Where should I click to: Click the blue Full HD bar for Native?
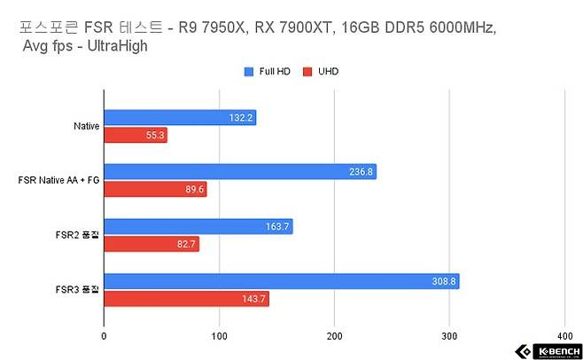pyautogui.click(x=180, y=117)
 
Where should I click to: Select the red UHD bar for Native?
pyautogui.click(x=136, y=136)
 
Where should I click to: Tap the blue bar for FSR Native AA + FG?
pyautogui.click(x=240, y=171)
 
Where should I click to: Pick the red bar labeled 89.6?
pyautogui.click(x=155, y=189)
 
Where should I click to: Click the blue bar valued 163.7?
pyautogui.click(x=198, y=226)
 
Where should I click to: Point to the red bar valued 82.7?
pyautogui.click(x=152, y=244)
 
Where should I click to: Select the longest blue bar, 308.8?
pyautogui.click(x=282, y=281)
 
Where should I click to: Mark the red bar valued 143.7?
pyautogui.click(x=186, y=299)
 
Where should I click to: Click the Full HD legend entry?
pyautogui.click(x=267, y=71)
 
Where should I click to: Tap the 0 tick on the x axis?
pyautogui.click(x=105, y=336)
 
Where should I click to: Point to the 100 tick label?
pyautogui.click(x=219, y=336)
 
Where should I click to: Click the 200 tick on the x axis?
pyautogui.click(x=334, y=336)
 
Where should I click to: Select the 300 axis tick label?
pyautogui.click(x=449, y=336)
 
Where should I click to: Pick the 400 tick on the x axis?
pyautogui.click(x=564, y=336)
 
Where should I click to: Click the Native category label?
pyautogui.click(x=86, y=126)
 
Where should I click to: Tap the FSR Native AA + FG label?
pyautogui.click(x=58, y=181)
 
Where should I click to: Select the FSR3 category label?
pyautogui.click(x=76, y=290)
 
